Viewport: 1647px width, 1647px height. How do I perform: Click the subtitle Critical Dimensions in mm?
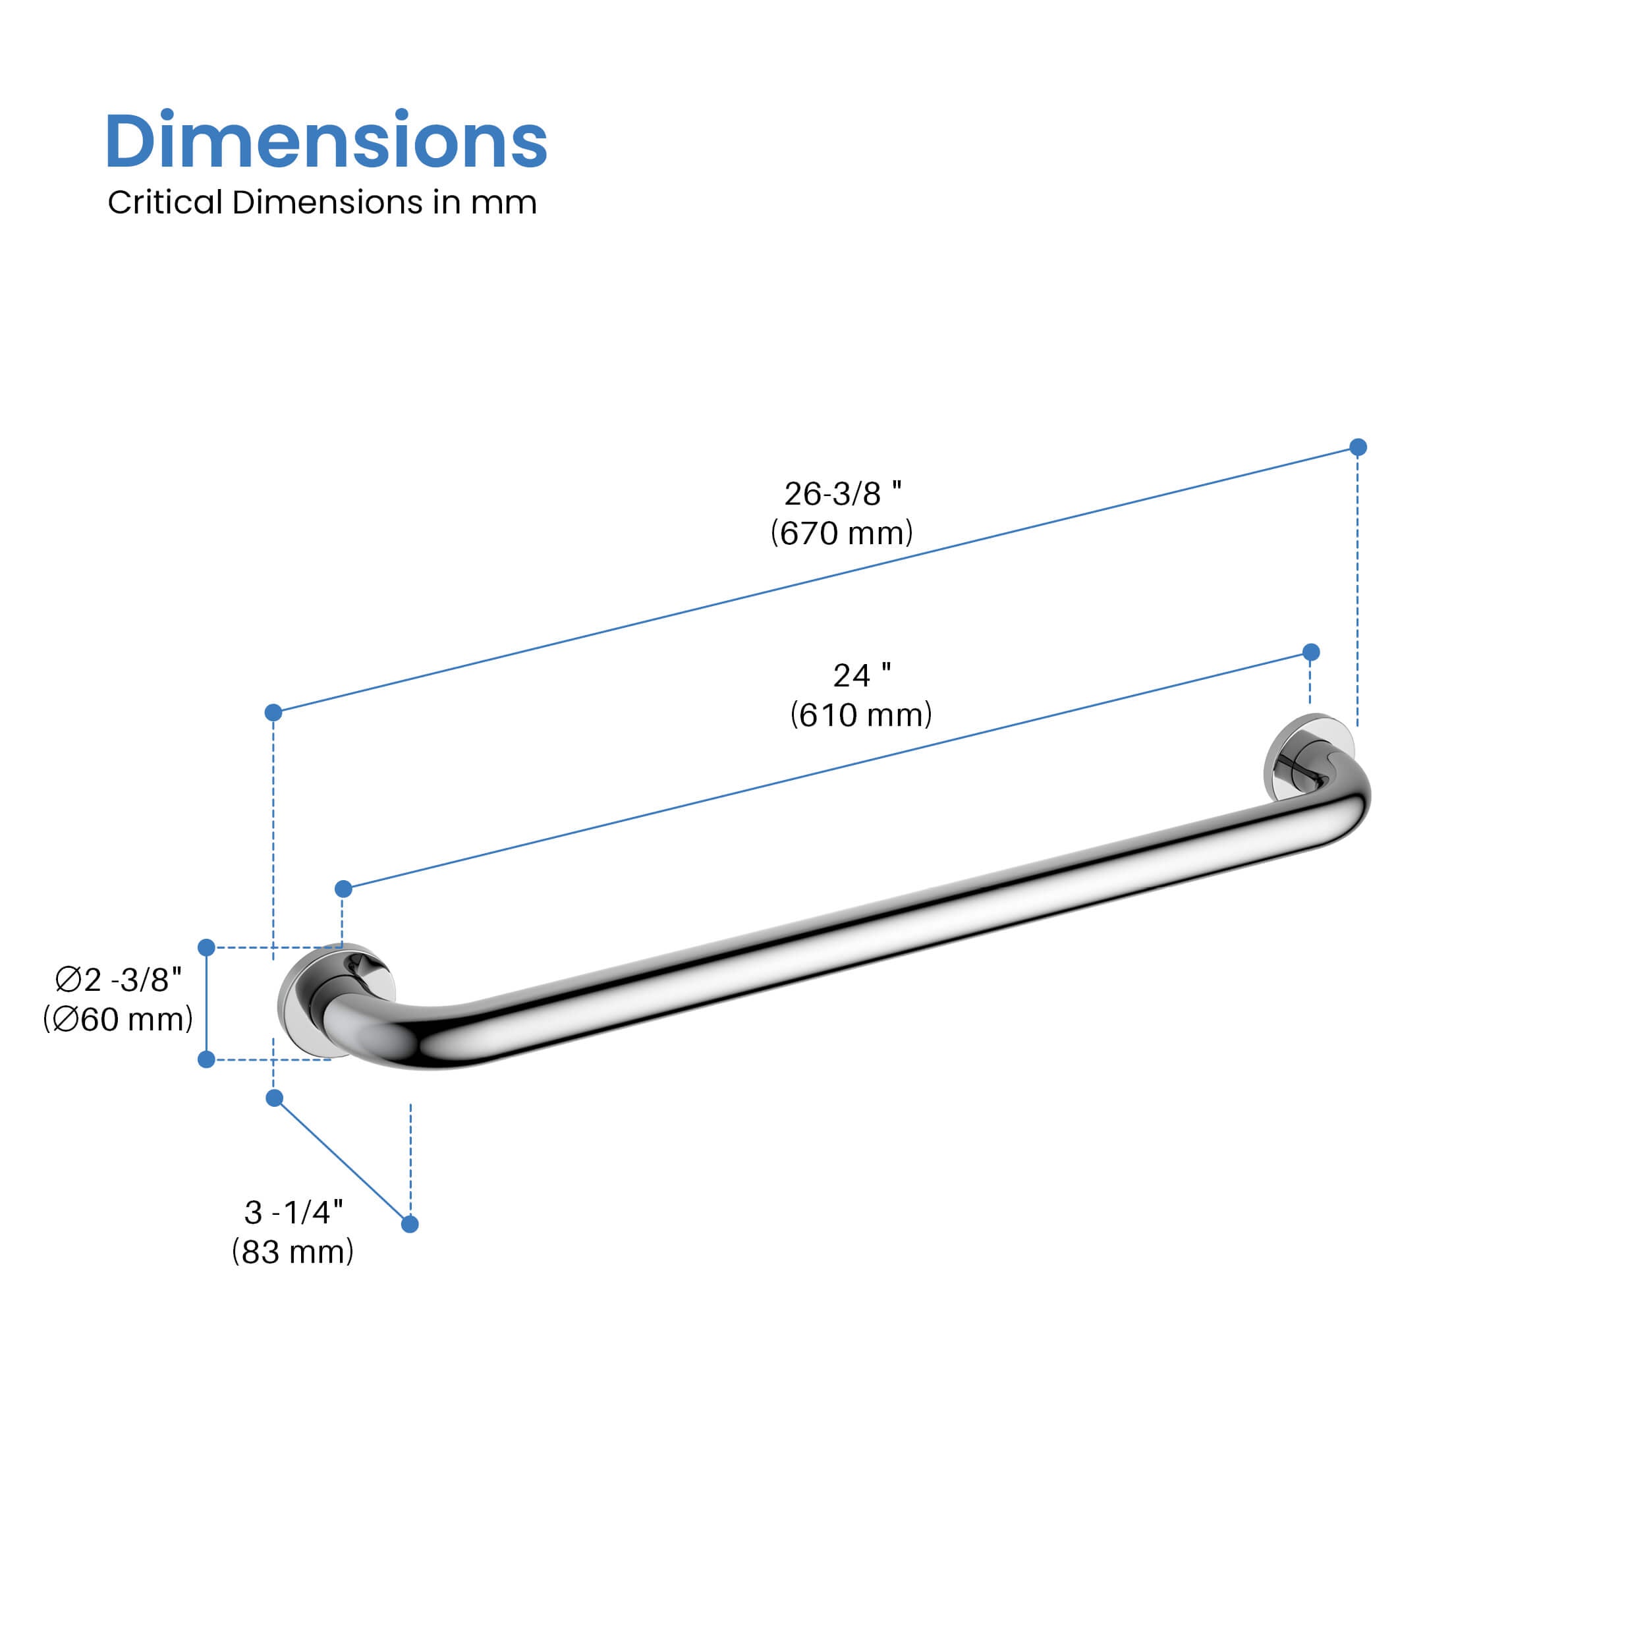321,202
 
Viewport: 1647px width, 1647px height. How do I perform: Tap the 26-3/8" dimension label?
841,493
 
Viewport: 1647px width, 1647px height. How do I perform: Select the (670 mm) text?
841,533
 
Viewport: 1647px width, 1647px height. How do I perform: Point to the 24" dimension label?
861,675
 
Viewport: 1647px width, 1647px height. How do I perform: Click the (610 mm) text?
861,714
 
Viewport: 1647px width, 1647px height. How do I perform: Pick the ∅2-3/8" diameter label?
118,980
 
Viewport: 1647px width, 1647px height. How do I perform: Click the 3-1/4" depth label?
293,1212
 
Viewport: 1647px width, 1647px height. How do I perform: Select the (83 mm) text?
293,1252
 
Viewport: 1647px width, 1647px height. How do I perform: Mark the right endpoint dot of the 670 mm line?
1358,447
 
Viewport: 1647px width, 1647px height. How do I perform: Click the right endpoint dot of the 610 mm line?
1311,652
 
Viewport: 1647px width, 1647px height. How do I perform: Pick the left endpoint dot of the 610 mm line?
343,889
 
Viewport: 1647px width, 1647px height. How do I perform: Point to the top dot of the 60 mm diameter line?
206,947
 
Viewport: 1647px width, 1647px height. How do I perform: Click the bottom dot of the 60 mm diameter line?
206,1059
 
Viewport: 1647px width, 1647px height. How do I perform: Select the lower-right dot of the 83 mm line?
409,1224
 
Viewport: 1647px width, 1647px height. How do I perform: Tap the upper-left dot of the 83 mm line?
275,1098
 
